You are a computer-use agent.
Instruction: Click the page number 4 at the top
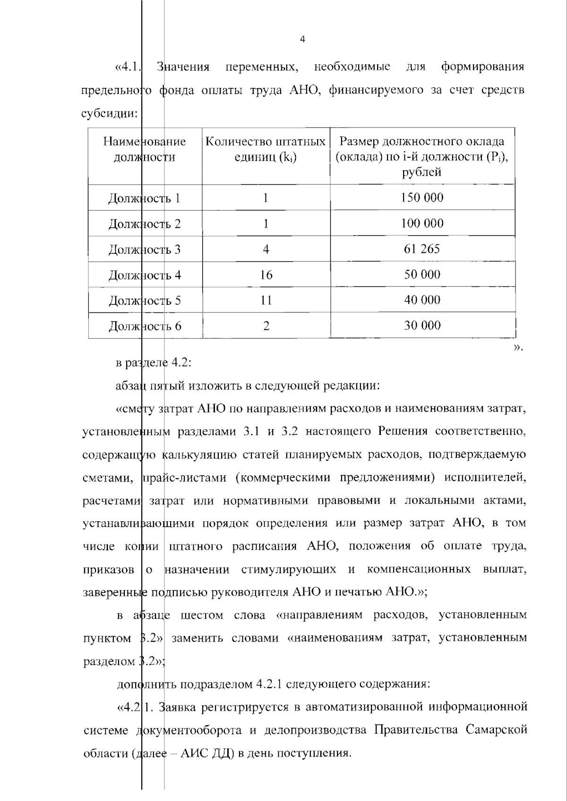tap(302, 40)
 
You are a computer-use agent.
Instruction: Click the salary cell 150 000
tap(422, 198)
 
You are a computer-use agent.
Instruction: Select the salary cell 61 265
tap(422, 249)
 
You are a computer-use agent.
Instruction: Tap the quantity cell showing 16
tap(266, 275)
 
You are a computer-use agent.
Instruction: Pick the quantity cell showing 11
tap(266, 301)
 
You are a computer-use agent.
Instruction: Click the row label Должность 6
tap(145, 326)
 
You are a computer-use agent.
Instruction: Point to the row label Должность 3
tap(145, 250)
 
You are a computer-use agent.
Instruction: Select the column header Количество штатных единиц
tap(266, 149)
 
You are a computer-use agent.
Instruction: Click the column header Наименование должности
tap(145, 149)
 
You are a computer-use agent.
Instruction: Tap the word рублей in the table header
tap(422, 172)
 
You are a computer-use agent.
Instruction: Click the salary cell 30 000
tap(422, 326)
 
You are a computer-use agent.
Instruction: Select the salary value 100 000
tap(422, 224)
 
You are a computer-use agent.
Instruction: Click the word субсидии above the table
tap(109, 114)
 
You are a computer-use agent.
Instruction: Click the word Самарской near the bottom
tap(496, 730)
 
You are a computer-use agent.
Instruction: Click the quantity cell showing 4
tap(266, 250)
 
